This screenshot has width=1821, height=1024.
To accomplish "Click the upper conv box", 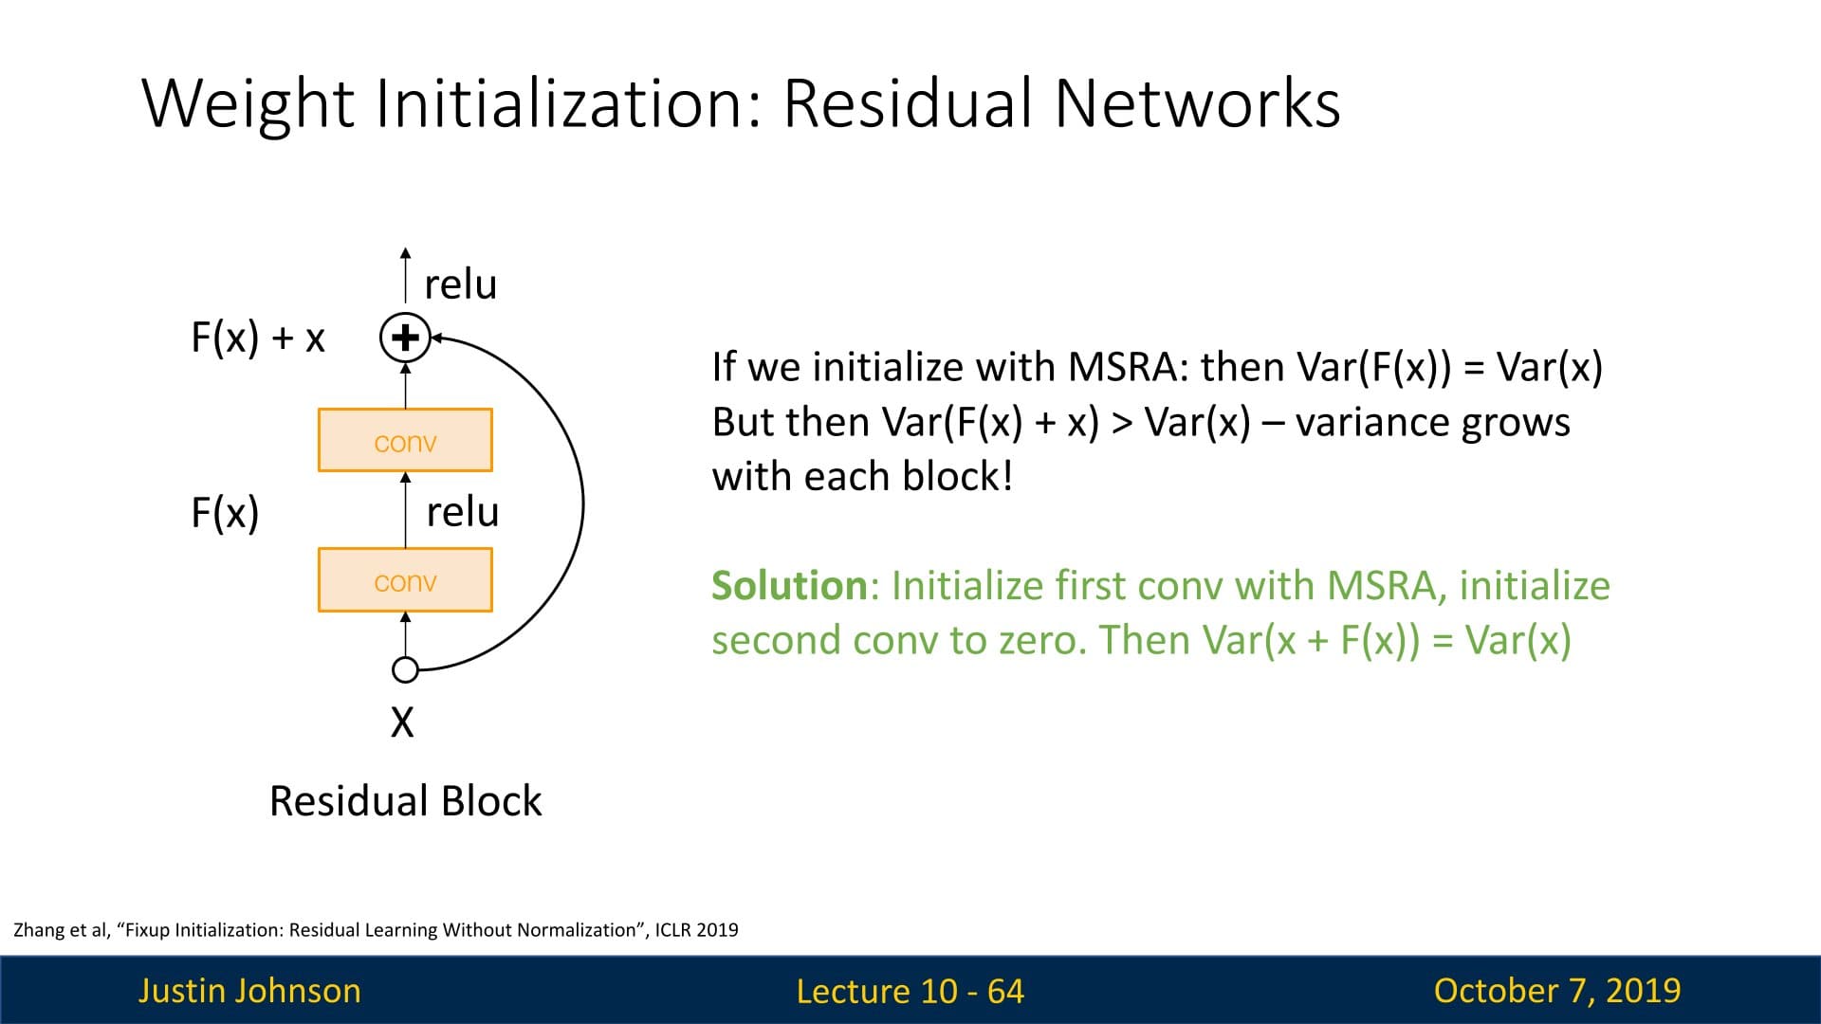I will point(405,440).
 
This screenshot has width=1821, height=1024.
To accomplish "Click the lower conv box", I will point(405,579).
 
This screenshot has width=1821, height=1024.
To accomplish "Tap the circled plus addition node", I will point(405,338).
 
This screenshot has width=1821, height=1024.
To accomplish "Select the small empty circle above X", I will point(405,670).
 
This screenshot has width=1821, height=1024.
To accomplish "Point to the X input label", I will point(402,722).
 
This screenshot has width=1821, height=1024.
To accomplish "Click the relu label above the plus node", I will point(460,284).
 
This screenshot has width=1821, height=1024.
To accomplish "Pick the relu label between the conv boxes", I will point(462,512).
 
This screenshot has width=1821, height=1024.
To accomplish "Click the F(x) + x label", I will point(258,338).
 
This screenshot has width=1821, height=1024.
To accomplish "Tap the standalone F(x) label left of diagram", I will point(225,513).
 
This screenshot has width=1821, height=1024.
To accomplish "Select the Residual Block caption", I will point(405,801).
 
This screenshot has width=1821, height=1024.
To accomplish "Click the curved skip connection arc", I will point(581,503).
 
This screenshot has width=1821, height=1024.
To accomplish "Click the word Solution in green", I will point(789,586).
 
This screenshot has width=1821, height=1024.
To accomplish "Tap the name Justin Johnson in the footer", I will point(249,991).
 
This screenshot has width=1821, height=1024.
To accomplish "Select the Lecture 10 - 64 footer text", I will point(910,991).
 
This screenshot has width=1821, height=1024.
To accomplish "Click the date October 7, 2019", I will point(1556,991).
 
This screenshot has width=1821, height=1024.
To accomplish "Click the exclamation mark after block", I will point(1006,476).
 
